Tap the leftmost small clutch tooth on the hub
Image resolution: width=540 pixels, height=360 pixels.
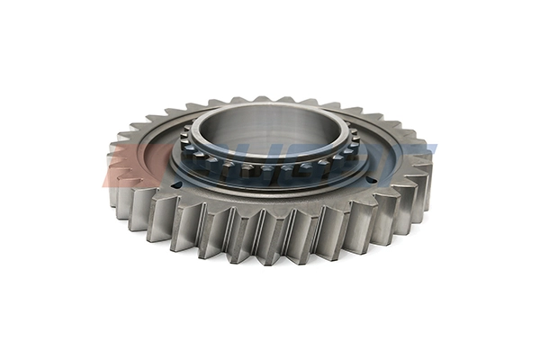184,144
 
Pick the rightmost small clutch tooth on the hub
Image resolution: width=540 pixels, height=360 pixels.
355,144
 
